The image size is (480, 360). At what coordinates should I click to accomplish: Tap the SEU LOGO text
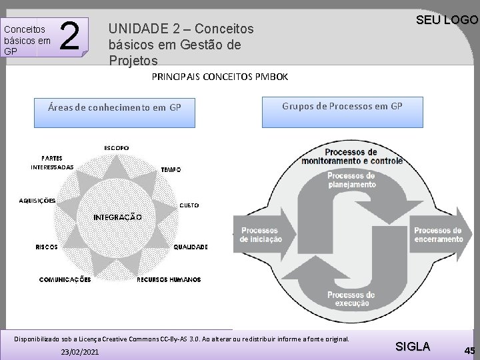447,20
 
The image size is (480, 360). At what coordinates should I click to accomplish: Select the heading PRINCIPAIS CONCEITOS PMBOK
220,77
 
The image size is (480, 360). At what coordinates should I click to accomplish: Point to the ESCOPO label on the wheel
116,147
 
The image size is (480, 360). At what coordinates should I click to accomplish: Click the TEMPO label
171,170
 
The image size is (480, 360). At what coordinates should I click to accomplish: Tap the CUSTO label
189,205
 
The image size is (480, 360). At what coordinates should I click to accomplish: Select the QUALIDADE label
191,247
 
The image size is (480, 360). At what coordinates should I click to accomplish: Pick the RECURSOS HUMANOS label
169,280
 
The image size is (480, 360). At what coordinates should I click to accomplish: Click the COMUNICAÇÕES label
65,280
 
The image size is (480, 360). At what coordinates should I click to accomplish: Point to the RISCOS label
46,247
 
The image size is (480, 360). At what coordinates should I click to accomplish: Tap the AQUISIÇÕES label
37,201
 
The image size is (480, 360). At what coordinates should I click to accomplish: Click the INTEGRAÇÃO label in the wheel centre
117,217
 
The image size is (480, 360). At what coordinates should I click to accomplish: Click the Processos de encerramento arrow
439,235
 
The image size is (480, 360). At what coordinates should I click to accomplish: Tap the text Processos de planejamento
351,180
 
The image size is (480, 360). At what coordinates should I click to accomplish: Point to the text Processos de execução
351,299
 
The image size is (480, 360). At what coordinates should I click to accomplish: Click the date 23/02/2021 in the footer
79,351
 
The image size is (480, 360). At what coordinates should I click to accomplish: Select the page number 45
469,351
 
